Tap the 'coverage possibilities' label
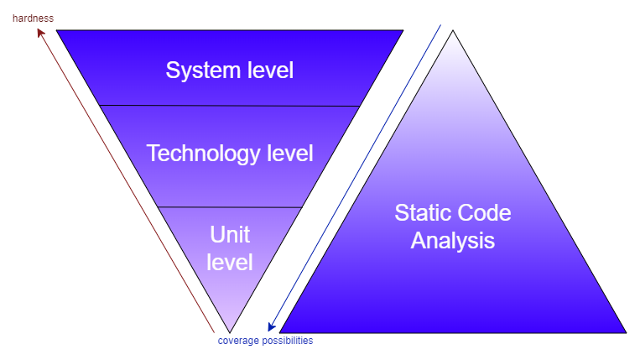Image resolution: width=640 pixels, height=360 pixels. pyautogui.click(x=265, y=341)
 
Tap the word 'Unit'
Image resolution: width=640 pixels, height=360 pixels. pyautogui.click(x=230, y=233)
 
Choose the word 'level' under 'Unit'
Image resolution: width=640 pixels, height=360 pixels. pyautogui.click(x=230, y=262)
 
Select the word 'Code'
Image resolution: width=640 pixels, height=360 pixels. pyautogui.click(x=486, y=212)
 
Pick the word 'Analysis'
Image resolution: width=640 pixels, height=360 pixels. pyautogui.click(x=453, y=241)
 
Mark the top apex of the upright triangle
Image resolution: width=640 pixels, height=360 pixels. pyautogui.click(x=453, y=31)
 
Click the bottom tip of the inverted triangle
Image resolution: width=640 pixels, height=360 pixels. pyautogui.click(x=229, y=332)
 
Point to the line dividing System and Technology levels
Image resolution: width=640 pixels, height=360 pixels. pyautogui.click(x=230, y=106)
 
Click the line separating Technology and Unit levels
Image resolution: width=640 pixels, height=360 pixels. pyautogui.click(x=230, y=206)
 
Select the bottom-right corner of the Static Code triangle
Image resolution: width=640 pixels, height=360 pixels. pyautogui.click(x=625, y=332)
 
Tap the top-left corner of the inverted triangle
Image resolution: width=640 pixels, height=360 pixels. pyautogui.click(x=57, y=30)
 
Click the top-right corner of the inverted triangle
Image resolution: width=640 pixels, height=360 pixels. pyautogui.click(x=403, y=30)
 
